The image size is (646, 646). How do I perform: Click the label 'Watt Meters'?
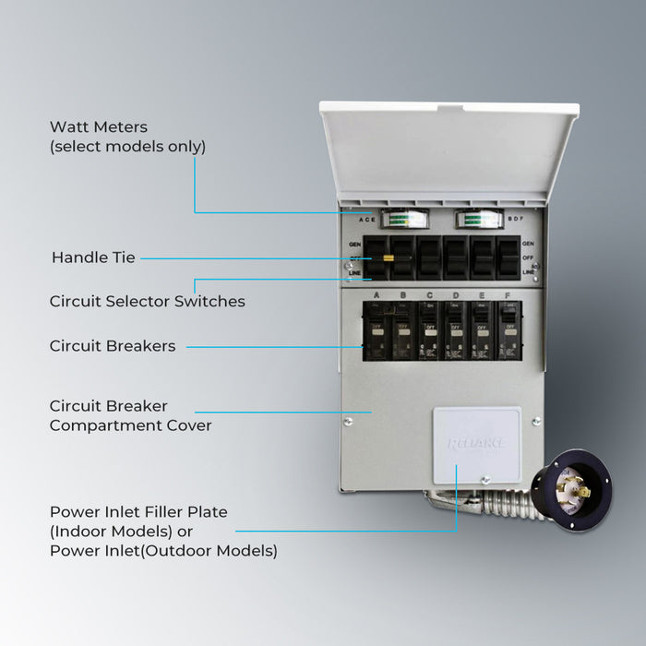[99, 126]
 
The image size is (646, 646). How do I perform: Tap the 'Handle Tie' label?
[93, 257]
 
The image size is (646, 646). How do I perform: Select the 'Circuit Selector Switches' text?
[147, 301]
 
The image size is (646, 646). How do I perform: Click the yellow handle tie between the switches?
[389, 258]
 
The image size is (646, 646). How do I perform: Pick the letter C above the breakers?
[429, 295]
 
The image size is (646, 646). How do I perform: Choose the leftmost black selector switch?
[375, 257]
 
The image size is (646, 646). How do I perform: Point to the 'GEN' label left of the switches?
[354, 244]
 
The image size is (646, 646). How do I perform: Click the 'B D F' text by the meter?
[517, 220]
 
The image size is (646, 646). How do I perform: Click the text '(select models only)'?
[127, 147]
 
